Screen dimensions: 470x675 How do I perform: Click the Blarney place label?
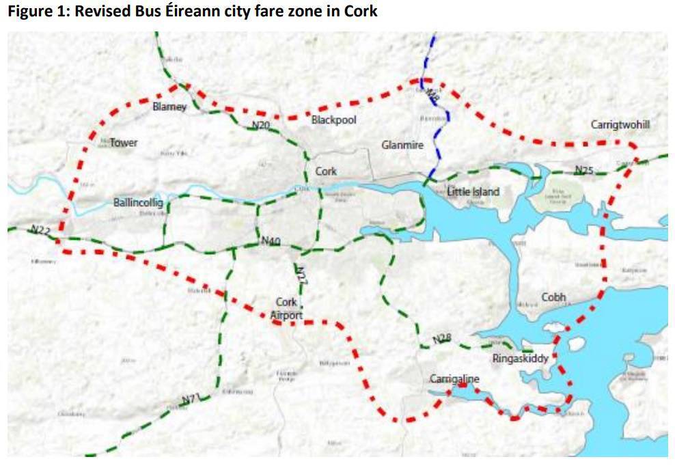coord(169,107)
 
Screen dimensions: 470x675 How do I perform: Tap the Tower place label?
coord(124,143)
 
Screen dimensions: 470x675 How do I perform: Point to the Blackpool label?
coord(333,120)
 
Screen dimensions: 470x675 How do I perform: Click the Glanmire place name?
coord(402,146)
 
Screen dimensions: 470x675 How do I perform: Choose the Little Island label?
coord(473,192)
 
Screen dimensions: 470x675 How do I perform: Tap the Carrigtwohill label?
coord(620,125)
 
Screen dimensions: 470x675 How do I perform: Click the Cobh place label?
coord(554,297)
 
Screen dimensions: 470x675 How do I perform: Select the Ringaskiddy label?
coord(520,358)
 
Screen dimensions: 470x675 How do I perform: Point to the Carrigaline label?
coord(454,379)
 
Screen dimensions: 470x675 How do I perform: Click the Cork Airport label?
coord(286,309)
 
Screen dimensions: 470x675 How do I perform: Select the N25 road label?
coord(584,169)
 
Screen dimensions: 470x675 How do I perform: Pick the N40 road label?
coord(271,241)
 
